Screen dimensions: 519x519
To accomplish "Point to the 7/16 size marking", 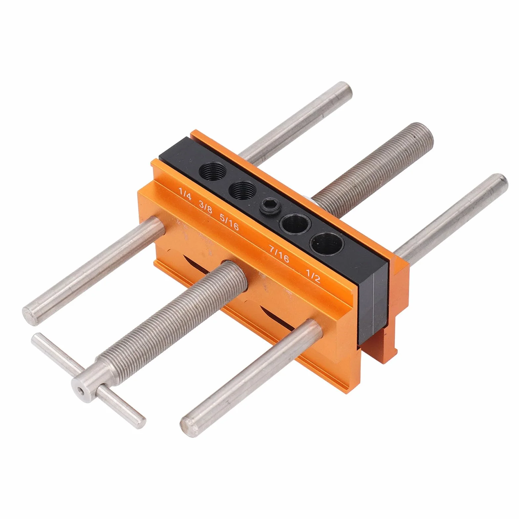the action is [279, 254].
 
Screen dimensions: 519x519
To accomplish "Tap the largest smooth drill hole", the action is [326, 244].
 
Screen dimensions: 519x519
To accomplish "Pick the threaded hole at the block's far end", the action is [212, 171].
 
